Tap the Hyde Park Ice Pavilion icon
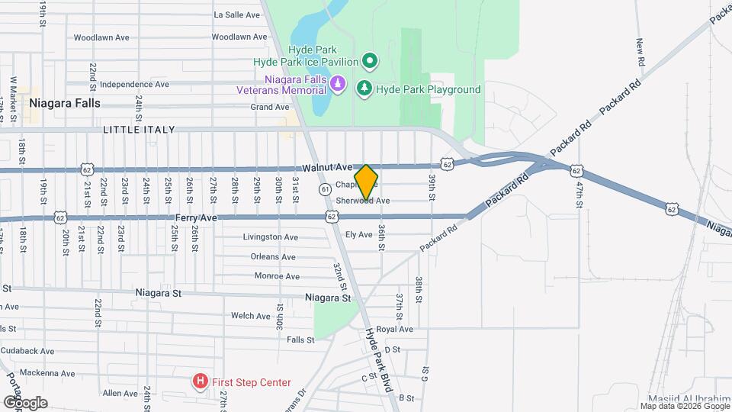tap(370, 60)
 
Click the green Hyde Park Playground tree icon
tap(365, 89)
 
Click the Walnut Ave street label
tap(326, 166)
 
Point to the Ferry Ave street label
tap(197, 217)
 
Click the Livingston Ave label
tap(270, 237)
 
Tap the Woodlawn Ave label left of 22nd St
tap(98, 37)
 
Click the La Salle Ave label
tap(238, 14)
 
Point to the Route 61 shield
tap(325, 188)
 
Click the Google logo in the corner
tap(24, 402)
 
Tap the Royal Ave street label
tap(394, 330)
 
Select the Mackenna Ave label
tap(48, 373)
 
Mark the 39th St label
tap(432, 187)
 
